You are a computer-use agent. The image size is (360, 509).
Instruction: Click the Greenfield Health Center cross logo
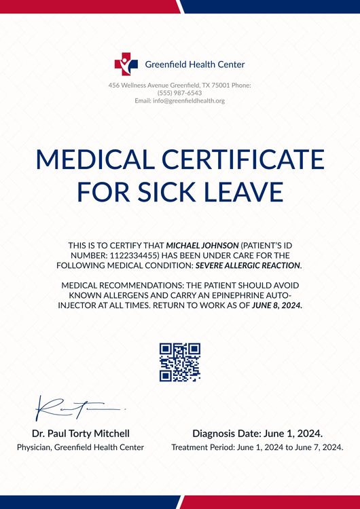126,64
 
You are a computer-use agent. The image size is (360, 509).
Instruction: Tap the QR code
180,362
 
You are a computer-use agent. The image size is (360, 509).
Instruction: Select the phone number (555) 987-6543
179,93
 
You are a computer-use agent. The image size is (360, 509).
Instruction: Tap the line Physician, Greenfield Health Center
80,447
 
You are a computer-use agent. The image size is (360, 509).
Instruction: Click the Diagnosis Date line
257,433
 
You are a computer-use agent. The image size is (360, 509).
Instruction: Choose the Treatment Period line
257,447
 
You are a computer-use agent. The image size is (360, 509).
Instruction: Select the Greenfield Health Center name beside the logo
195,64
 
